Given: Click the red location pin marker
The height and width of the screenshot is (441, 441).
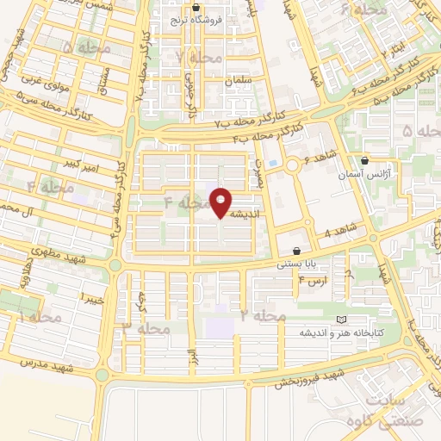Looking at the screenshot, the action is coord(221,202).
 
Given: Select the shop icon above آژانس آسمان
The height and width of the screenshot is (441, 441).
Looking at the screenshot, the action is coord(366,160).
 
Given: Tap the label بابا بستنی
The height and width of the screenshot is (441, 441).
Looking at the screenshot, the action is coord(294,264).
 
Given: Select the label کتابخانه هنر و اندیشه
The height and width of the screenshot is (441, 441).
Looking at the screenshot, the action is coord(342,332).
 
